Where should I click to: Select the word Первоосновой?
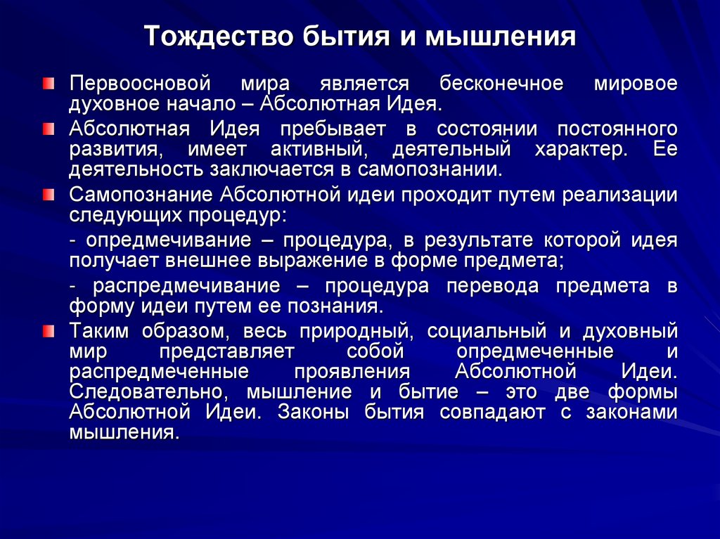point(140,84)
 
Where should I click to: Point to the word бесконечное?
point(501,84)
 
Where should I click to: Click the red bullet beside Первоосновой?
point(47,84)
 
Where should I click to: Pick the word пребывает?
point(333,129)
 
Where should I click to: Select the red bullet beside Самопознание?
point(47,195)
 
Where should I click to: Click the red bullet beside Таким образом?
point(47,331)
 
